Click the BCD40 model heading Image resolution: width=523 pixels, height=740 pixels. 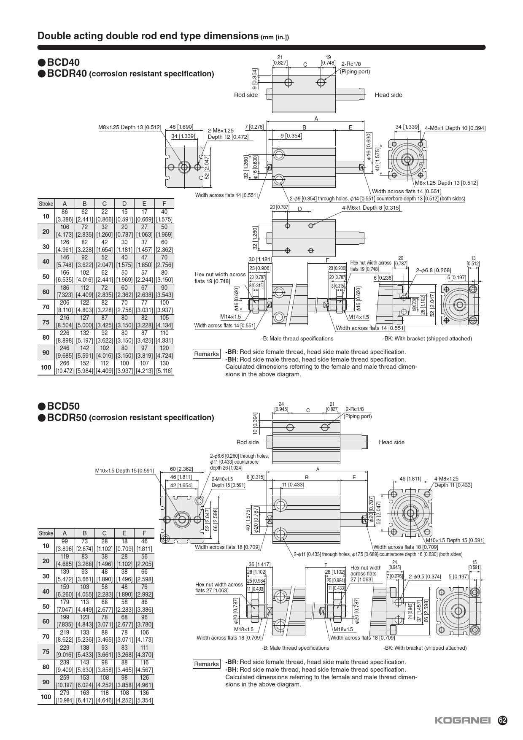tap(63, 63)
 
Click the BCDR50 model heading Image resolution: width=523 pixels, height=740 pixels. tap(67, 418)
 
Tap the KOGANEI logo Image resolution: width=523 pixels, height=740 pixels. tap(463, 720)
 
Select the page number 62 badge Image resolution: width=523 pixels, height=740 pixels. tap(502, 720)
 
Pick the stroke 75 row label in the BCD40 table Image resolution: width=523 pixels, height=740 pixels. tap(46, 322)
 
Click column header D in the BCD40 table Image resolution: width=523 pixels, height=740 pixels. tap(124, 204)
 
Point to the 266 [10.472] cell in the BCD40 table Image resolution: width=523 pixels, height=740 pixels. tap(65, 367)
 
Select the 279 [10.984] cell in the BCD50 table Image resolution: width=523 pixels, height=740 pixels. tap(65, 697)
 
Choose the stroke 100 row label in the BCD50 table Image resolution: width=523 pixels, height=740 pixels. tap(46, 697)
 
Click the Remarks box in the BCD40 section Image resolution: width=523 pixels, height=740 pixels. tap(206, 354)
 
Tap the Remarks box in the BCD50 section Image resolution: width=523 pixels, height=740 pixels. tap(206, 664)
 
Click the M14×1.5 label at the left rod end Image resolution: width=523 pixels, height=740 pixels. tap(231, 316)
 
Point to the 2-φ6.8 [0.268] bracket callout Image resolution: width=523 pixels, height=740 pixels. tap(433, 270)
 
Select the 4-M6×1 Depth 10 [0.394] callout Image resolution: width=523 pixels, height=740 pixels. tap(455, 128)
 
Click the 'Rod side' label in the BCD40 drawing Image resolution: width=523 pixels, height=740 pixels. tap(246, 95)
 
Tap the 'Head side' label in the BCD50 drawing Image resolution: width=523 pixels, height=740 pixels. tap(391, 442)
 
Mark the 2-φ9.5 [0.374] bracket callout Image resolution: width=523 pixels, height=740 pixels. tap(425, 576)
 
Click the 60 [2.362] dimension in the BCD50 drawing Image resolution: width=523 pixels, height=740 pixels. tap(181, 469)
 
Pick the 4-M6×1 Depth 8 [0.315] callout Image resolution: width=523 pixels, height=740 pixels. tap(371, 208)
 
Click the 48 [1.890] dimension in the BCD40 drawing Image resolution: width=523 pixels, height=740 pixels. tap(181, 127)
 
